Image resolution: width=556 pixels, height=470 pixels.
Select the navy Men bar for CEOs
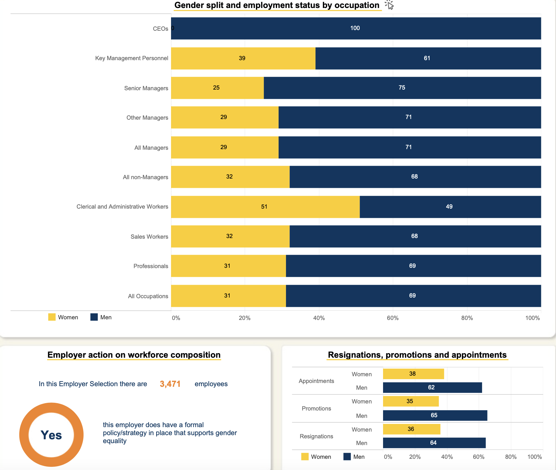356,28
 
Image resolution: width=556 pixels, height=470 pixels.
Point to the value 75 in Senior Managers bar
402,88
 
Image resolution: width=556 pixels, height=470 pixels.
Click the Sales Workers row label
149,237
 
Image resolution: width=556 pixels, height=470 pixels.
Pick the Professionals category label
151,266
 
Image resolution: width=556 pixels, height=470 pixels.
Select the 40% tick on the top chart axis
319,318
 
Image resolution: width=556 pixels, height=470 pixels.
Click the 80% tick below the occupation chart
467,318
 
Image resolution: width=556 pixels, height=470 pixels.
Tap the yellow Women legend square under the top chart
52,317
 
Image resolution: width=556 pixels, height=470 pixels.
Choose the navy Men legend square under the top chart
94,317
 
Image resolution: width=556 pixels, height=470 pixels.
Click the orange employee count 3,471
170,384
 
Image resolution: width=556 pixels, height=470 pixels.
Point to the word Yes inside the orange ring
51,435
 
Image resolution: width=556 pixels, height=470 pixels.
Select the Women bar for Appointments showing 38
413,374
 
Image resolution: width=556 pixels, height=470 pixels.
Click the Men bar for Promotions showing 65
435,416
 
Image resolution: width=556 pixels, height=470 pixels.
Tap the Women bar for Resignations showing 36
412,429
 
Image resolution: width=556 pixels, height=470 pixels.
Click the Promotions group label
316,409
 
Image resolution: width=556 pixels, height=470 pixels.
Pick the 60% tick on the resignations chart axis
478,457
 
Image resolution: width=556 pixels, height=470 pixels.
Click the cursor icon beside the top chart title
389,5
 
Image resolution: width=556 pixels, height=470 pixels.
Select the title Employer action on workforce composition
134,355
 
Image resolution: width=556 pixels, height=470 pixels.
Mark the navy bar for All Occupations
413,296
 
